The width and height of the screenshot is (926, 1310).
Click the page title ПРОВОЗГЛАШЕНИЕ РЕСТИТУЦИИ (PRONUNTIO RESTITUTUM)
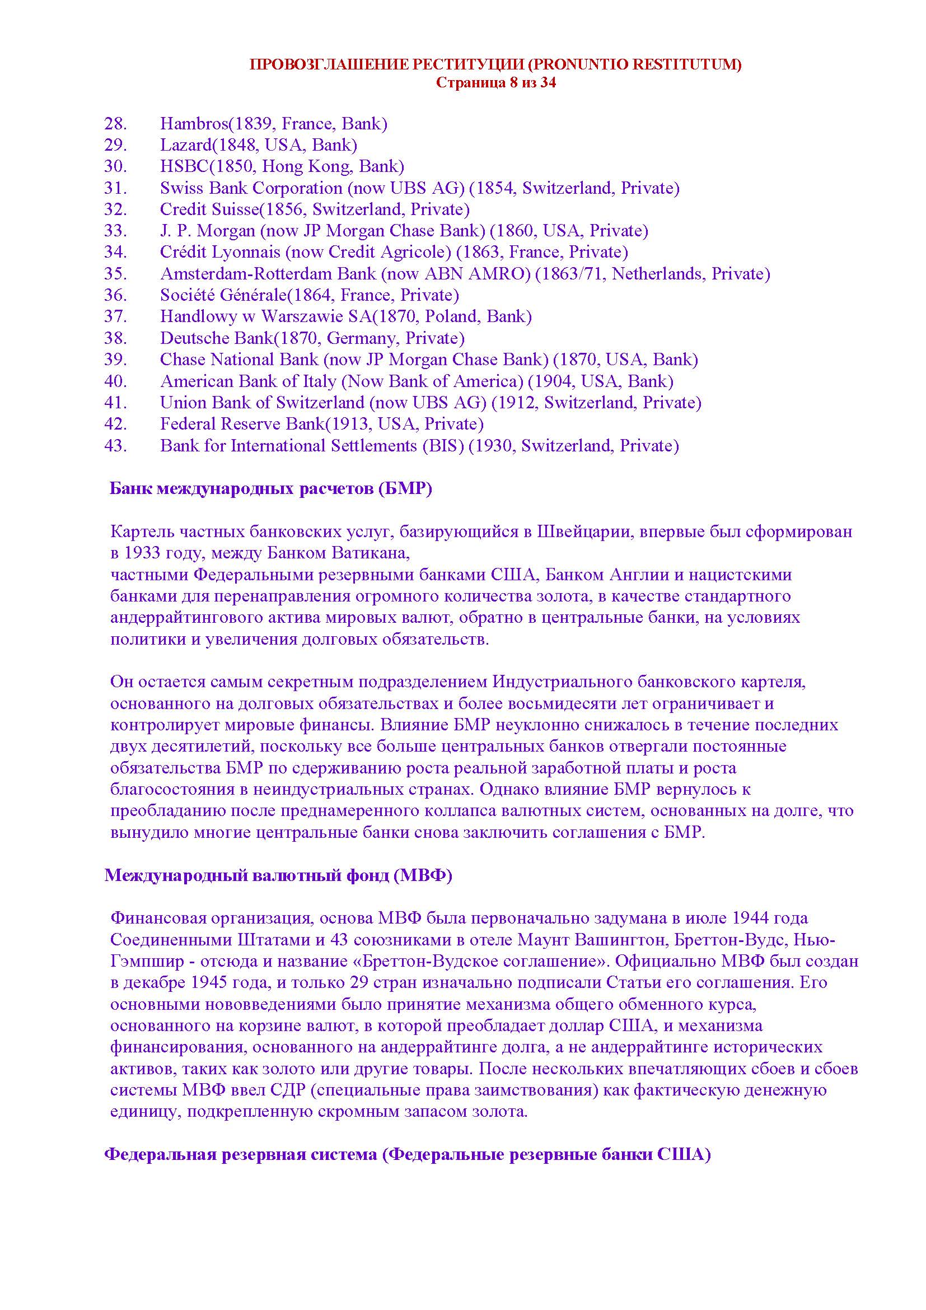tap(495, 64)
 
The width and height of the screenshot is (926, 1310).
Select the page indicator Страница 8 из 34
tap(495, 83)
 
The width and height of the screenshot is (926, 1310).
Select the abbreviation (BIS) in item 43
tap(443, 446)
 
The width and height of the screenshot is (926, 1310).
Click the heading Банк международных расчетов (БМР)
tap(270, 489)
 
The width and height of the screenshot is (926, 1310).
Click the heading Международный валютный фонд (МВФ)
tap(278, 875)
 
